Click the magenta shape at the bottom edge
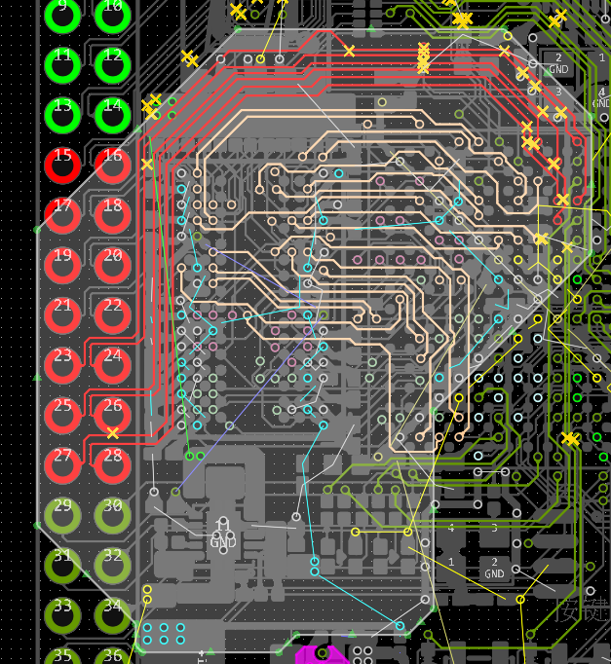[322, 655]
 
